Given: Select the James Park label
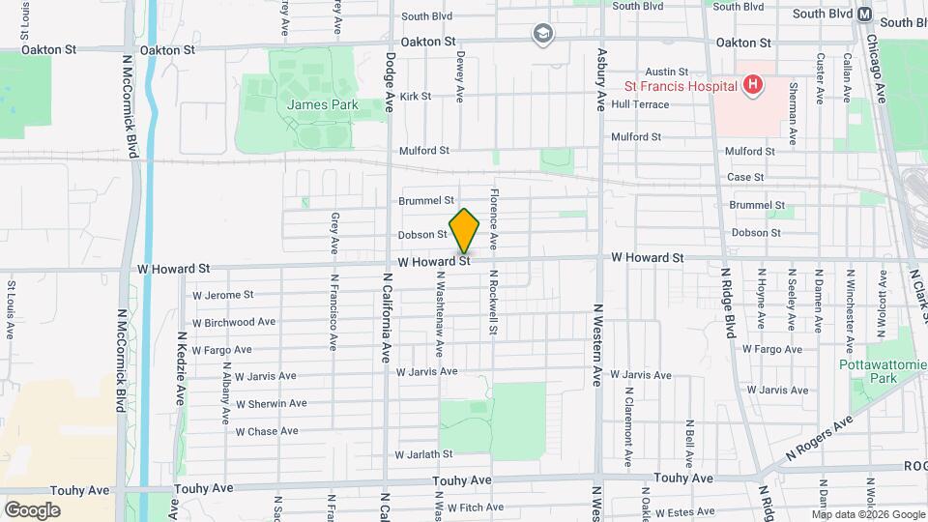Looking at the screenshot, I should [x=322, y=104].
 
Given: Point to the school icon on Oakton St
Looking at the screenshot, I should [x=543, y=35].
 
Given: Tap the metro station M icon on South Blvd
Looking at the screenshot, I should [x=864, y=14].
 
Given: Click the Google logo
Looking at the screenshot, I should [x=32, y=509].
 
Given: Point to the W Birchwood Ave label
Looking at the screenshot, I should [x=234, y=322].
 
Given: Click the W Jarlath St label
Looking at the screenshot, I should [x=423, y=453].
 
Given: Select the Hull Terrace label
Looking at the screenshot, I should [x=640, y=104].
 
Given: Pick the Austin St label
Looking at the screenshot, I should [x=667, y=72].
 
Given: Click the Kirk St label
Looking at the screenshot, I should [x=415, y=96].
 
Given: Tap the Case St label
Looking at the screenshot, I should [x=745, y=177].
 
